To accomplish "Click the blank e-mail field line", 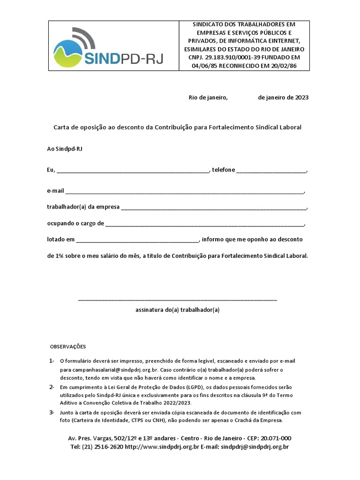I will pyautogui.click(x=184, y=192).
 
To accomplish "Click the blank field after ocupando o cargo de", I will pyautogui.click(x=205, y=224).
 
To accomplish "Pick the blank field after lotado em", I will pyautogui.click(x=137, y=240).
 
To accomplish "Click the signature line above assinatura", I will pyautogui.click(x=177, y=299).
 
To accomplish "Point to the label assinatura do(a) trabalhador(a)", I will pyautogui.click(x=177, y=310).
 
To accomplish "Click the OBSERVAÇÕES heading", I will pyautogui.click(x=68, y=347).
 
